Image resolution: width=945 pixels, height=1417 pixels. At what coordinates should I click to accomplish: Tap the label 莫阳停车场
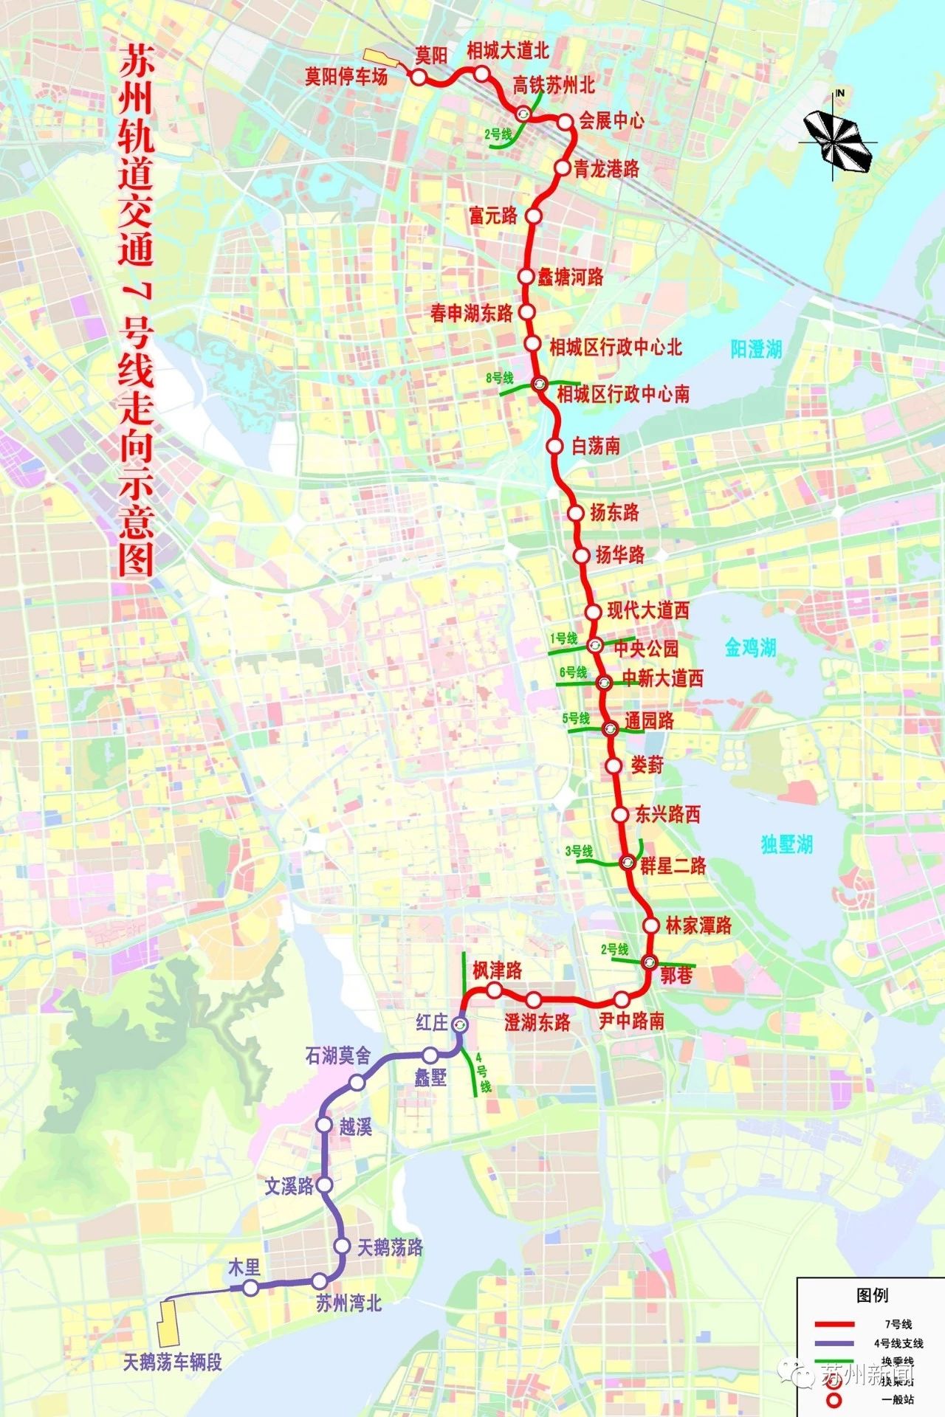[x=346, y=77]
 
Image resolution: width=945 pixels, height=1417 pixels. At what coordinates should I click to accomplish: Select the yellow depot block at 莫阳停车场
[x=380, y=58]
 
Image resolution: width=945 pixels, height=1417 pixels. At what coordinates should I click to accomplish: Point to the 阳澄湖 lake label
[x=756, y=349]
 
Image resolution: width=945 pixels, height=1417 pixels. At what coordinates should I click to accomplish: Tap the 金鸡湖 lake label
[x=750, y=648]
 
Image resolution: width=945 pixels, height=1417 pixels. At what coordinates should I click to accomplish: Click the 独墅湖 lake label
[x=787, y=844]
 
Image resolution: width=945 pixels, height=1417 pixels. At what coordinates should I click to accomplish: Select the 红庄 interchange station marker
[x=459, y=1025]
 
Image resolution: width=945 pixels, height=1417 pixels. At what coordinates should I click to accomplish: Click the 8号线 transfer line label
[x=500, y=378]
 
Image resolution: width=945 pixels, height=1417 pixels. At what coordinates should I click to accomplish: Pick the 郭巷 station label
[x=676, y=975]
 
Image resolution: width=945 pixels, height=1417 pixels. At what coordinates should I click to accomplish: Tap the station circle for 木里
[x=250, y=1288]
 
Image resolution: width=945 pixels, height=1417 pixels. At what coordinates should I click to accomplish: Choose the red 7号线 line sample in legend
[x=834, y=1324]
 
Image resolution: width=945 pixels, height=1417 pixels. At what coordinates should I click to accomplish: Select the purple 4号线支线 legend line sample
[x=834, y=1343]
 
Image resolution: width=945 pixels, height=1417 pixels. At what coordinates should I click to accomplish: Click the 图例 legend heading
[x=872, y=1295]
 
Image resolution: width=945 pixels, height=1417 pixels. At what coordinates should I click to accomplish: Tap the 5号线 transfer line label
[x=576, y=718]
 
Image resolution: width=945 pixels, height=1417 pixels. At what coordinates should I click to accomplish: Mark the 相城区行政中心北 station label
[x=615, y=347]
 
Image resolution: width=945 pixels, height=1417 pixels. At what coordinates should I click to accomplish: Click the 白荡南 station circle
[x=554, y=447]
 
